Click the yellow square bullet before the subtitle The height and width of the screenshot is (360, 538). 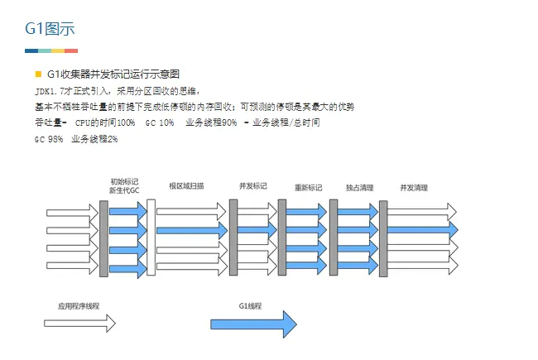coord(38,74)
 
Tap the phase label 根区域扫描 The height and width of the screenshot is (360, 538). coord(186,186)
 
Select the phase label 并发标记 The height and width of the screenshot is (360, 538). coord(252,186)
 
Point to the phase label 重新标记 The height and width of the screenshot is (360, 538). coord(308,187)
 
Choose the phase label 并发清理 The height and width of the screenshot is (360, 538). coord(414,187)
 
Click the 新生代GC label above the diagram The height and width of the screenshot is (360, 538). coord(124,191)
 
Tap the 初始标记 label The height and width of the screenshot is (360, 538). coord(124,181)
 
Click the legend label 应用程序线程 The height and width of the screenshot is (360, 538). coord(79,306)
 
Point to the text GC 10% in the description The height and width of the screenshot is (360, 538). coord(160,122)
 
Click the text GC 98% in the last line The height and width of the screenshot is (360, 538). coord(49,139)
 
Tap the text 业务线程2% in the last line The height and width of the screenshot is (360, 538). coord(94,139)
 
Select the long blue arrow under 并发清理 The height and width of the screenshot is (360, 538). coord(422,229)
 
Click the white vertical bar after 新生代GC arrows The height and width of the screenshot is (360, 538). coord(151,238)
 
